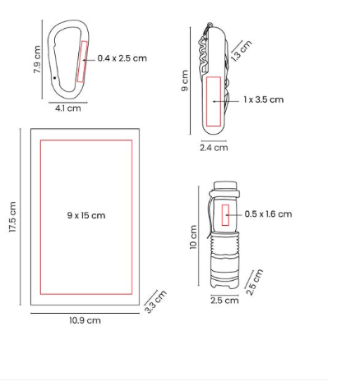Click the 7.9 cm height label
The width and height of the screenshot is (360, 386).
click(37, 59)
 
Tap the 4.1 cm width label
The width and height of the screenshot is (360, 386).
click(68, 108)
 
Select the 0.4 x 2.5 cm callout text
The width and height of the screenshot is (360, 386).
click(122, 58)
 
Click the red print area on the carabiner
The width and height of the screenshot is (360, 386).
click(82, 62)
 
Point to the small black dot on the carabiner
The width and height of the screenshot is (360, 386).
click(55, 78)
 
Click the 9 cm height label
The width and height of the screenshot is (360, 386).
click(185, 80)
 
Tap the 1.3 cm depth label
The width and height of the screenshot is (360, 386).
click(241, 51)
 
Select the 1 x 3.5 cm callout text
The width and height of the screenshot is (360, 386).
click(264, 99)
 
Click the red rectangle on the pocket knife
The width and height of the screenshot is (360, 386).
click(214, 102)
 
